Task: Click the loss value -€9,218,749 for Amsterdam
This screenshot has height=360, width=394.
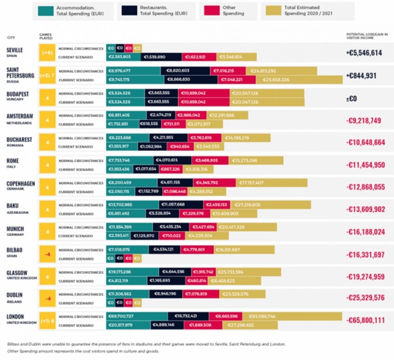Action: pos(364,120)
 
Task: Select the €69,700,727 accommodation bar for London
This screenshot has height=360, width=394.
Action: pos(137,316)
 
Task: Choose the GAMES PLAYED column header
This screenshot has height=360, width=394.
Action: pos(46,36)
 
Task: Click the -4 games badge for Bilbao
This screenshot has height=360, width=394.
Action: pos(47,254)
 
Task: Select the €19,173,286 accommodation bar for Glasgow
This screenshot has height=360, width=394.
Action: pos(132,272)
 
